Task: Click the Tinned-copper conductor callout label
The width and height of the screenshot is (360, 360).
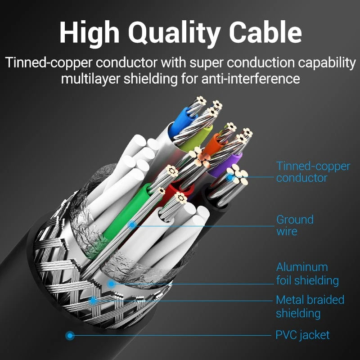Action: pos(313,172)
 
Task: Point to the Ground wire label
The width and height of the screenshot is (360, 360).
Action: pos(295,225)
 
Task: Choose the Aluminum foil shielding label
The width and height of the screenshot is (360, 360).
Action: pos(307,274)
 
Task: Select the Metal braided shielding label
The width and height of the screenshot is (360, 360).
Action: pos(310,306)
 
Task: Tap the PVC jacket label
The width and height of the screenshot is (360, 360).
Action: pos(302,335)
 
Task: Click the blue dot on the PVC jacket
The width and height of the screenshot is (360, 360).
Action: pos(69,335)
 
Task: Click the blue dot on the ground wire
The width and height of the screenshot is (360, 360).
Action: pos(132,224)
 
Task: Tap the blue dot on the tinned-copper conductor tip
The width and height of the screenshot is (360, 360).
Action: pos(230,177)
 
